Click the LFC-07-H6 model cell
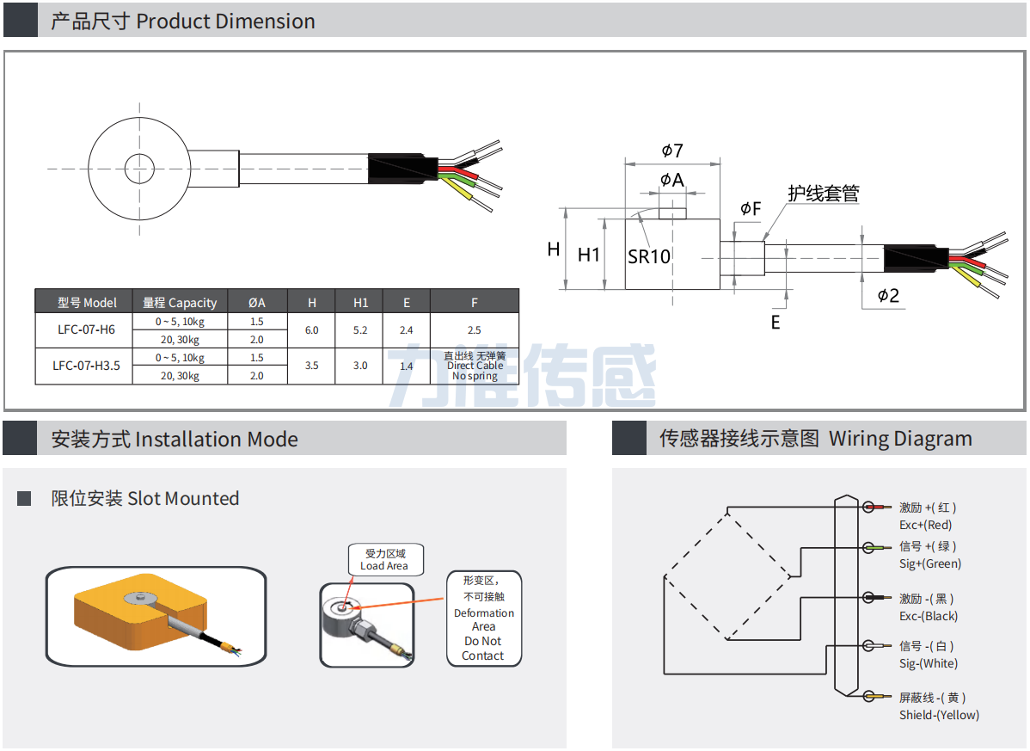click(86, 329)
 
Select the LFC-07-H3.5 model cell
click(86, 366)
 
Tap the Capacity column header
click(180, 302)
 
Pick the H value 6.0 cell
click(311, 329)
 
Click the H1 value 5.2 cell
click(360, 329)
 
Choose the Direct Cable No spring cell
click(475, 366)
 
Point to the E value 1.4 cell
click(407, 366)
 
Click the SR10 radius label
click(648, 256)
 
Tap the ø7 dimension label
click(672, 151)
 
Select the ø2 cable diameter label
click(888, 296)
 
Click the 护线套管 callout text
click(824, 194)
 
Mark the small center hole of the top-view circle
click(138, 168)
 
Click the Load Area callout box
click(384, 560)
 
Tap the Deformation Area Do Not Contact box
click(483, 619)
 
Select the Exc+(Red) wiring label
click(926, 525)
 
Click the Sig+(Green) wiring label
click(930, 563)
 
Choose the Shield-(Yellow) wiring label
click(939, 715)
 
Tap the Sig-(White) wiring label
click(929, 663)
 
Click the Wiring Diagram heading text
click(900, 439)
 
